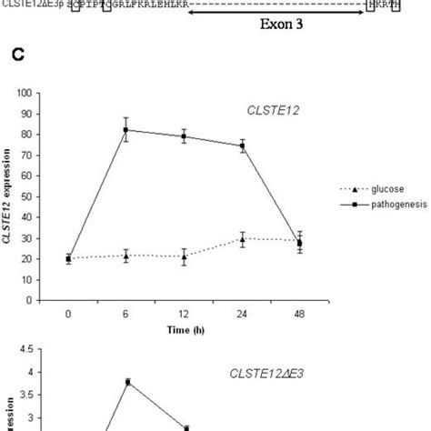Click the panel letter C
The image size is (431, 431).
coord(16,56)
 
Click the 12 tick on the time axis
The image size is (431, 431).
coord(185,312)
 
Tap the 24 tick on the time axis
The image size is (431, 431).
coord(242,312)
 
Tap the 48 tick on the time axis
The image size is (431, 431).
coord(300,312)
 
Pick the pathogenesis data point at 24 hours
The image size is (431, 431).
coord(242,145)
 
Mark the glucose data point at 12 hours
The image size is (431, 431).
coord(185,256)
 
